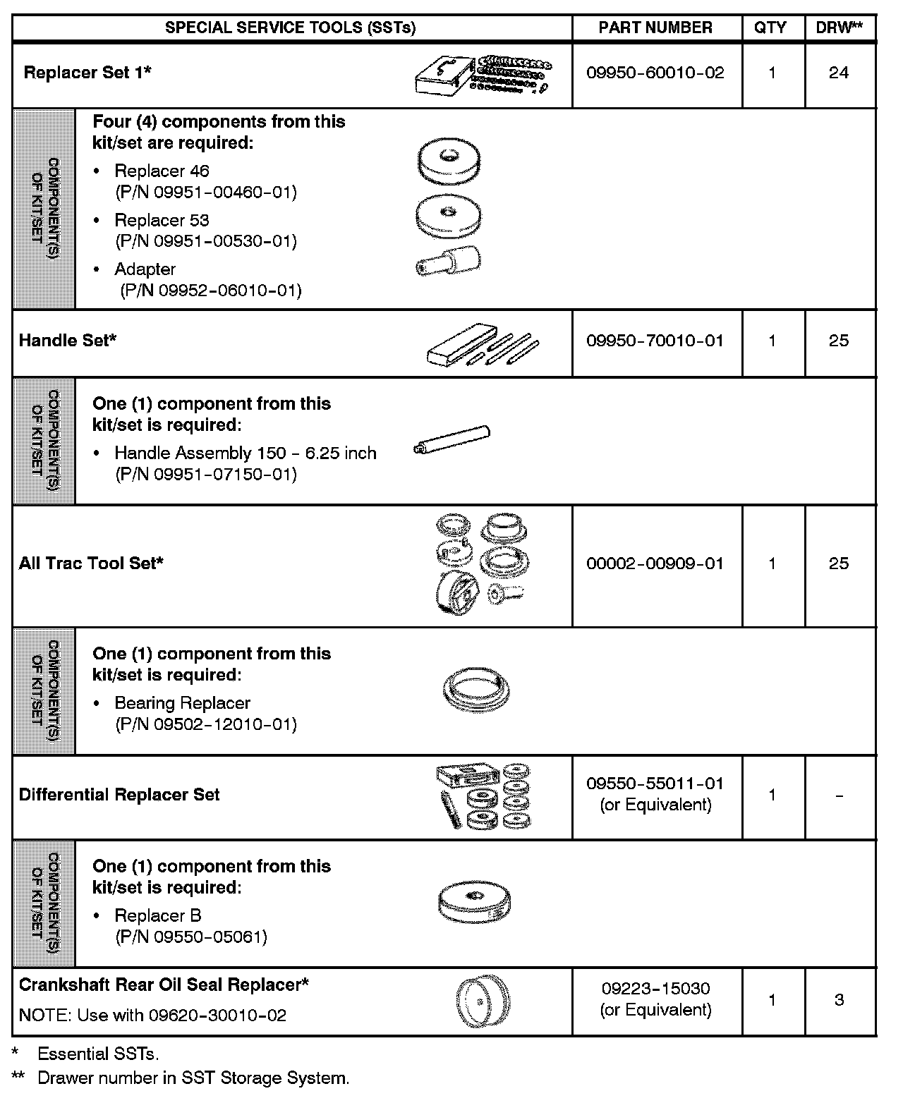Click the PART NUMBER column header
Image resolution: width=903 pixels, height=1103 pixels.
(655, 28)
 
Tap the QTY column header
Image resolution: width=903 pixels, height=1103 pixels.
(770, 28)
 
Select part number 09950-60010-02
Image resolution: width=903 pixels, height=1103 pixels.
(655, 73)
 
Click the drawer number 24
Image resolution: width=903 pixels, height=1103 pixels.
(839, 73)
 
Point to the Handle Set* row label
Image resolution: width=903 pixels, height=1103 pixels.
(68, 341)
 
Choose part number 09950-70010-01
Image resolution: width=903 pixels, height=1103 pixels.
(655, 341)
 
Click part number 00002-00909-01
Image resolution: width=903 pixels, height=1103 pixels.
(655, 563)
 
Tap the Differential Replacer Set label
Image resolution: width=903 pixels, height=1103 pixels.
(119, 795)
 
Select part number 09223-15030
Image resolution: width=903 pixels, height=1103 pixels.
(655, 989)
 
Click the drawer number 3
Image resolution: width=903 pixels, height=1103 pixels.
(839, 1000)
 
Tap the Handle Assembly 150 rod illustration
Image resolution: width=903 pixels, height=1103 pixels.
(451, 441)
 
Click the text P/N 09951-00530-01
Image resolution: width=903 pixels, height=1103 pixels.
(206, 241)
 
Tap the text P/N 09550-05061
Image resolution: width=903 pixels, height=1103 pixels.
(191, 937)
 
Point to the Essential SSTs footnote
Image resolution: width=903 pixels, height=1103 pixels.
(97, 1054)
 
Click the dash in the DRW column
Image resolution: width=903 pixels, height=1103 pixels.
(839, 796)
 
